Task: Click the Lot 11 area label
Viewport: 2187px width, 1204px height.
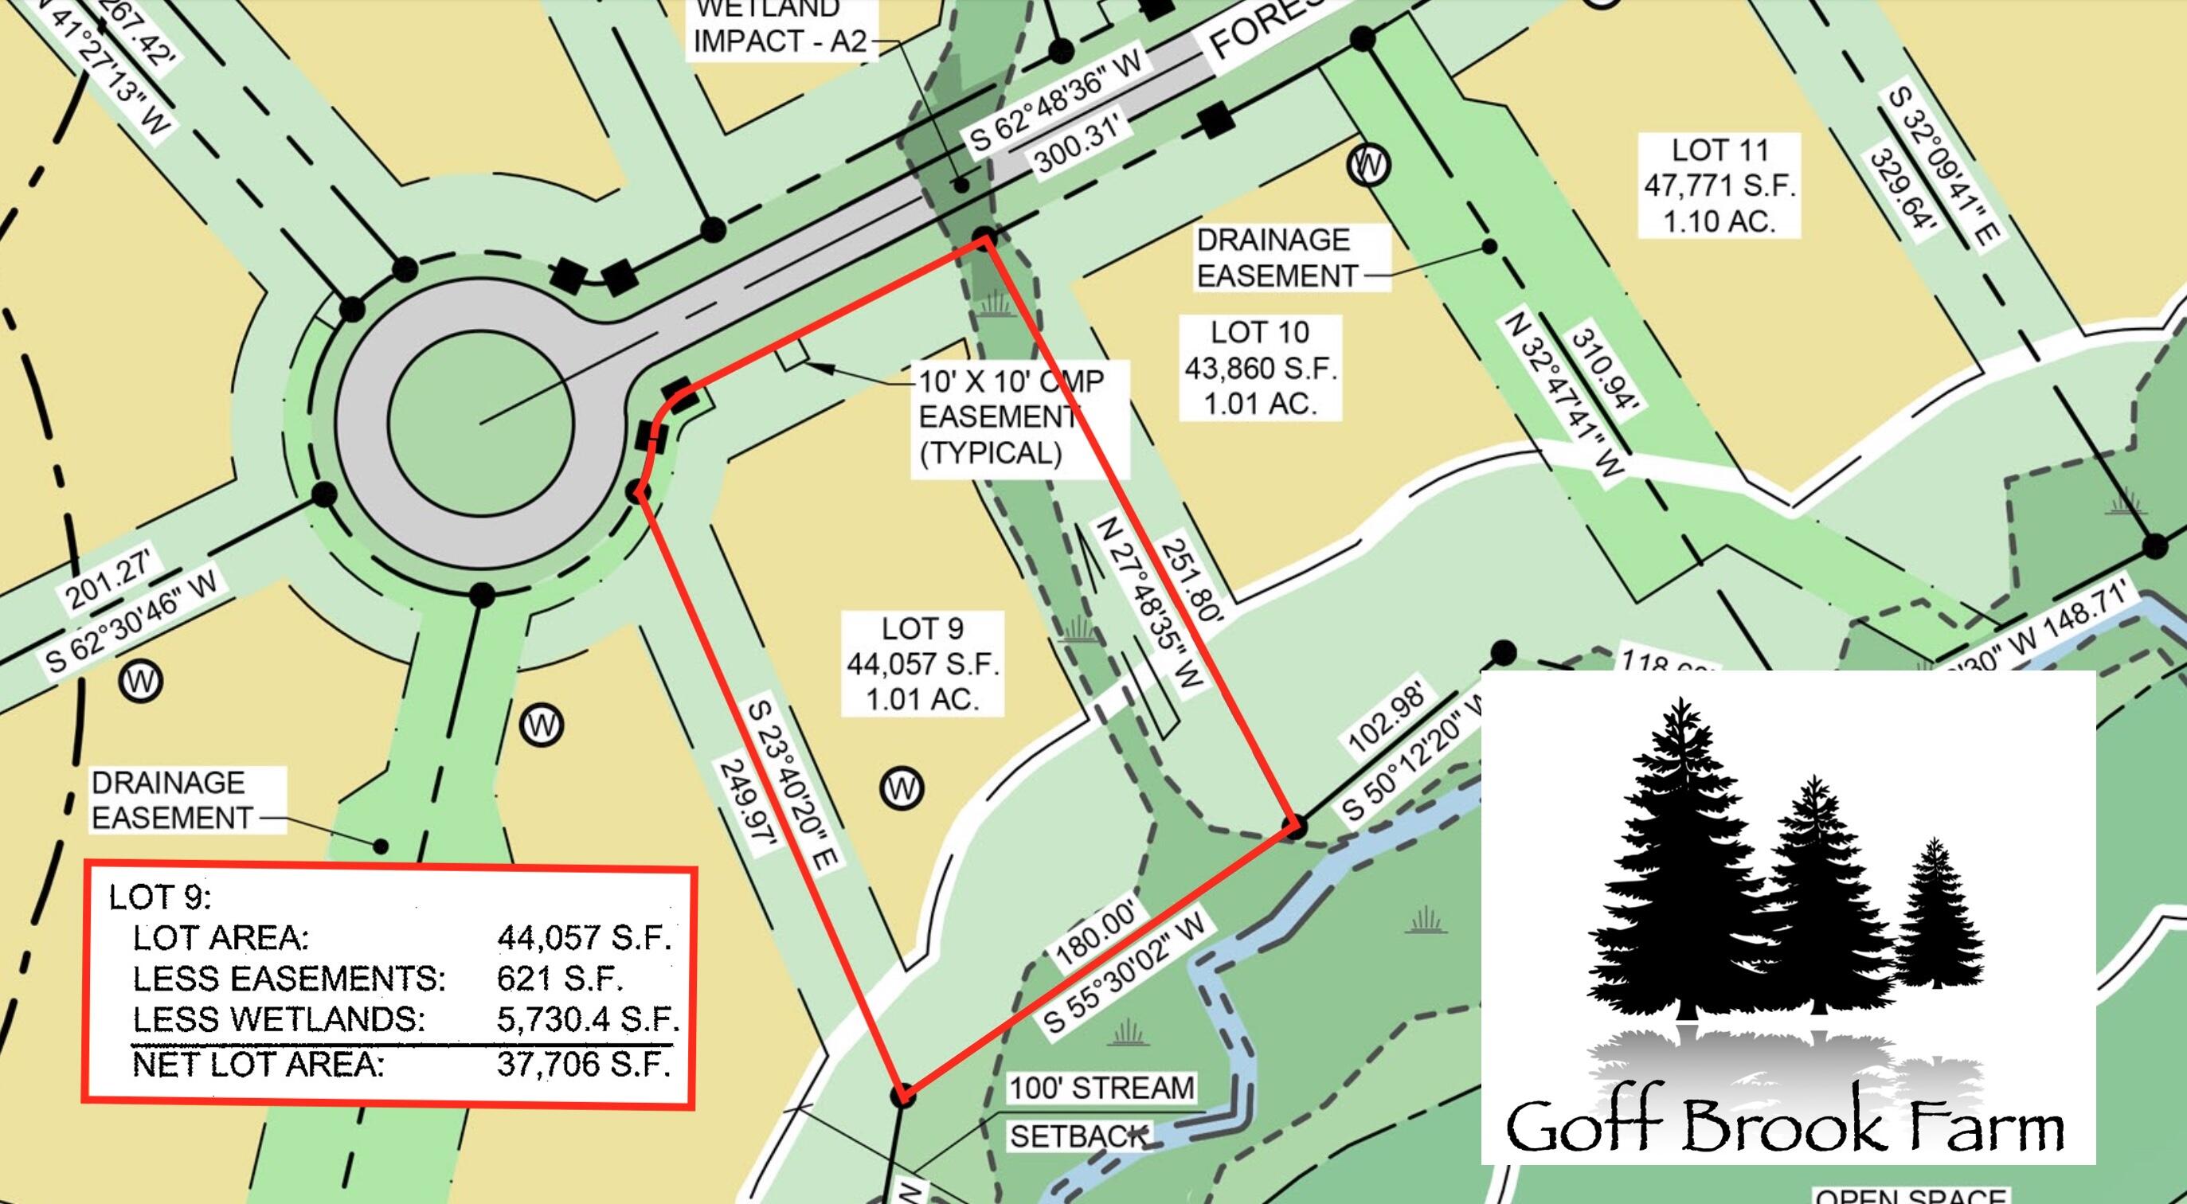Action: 1719,185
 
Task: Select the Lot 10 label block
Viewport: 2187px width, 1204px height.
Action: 1260,368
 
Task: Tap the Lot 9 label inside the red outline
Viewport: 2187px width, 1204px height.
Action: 922,663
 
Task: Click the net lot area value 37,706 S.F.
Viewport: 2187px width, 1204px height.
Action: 583,1063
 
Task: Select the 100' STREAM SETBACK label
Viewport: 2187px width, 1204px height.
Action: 1101,1111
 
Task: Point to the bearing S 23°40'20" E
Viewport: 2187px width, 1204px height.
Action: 793,784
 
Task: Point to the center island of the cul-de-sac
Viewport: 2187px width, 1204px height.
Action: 480,422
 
